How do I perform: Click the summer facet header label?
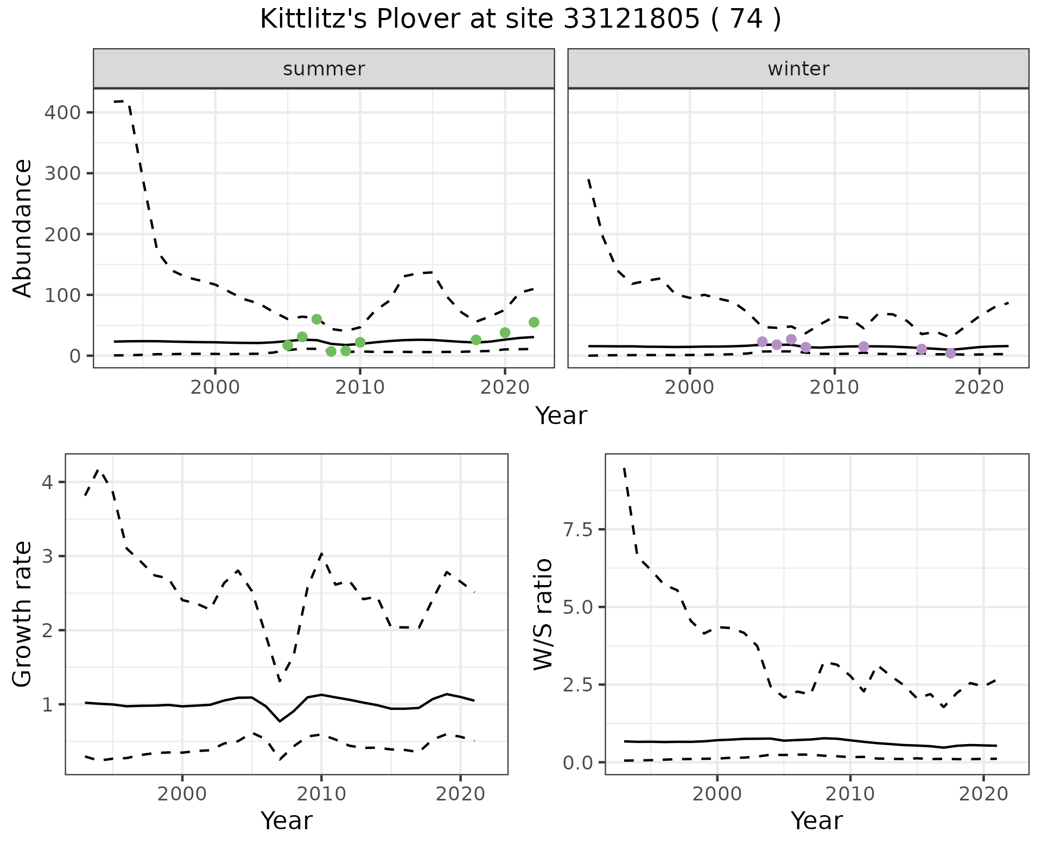coord(323,69)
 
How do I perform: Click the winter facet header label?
coord(798,69)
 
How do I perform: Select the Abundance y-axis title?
coord(23,228)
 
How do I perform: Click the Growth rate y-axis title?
coord(23,614)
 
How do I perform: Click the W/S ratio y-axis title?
coord(543,614)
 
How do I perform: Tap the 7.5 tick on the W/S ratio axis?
coord(577,530)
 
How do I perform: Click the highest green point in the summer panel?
coord(317,319)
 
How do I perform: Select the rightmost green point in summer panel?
coord(534,322)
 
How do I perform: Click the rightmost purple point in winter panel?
coord(950,353)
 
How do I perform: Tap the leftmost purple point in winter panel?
coord(762,342)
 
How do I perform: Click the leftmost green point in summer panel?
coord(288,345)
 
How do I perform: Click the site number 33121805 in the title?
coord(632,20)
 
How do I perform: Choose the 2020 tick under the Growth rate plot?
coord(460,794)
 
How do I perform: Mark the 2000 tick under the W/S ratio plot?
coord(717,794)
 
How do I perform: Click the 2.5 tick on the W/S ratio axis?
coord(577,685)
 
